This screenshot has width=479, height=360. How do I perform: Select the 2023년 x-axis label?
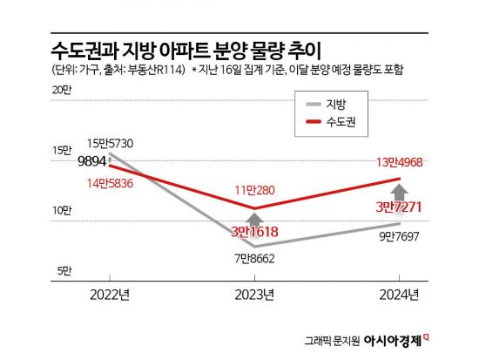pos(254,294)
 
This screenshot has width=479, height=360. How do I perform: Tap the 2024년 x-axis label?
pos(398,294)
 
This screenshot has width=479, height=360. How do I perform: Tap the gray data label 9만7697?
pos(398,236)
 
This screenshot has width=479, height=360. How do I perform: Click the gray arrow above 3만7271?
pos(398,191)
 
